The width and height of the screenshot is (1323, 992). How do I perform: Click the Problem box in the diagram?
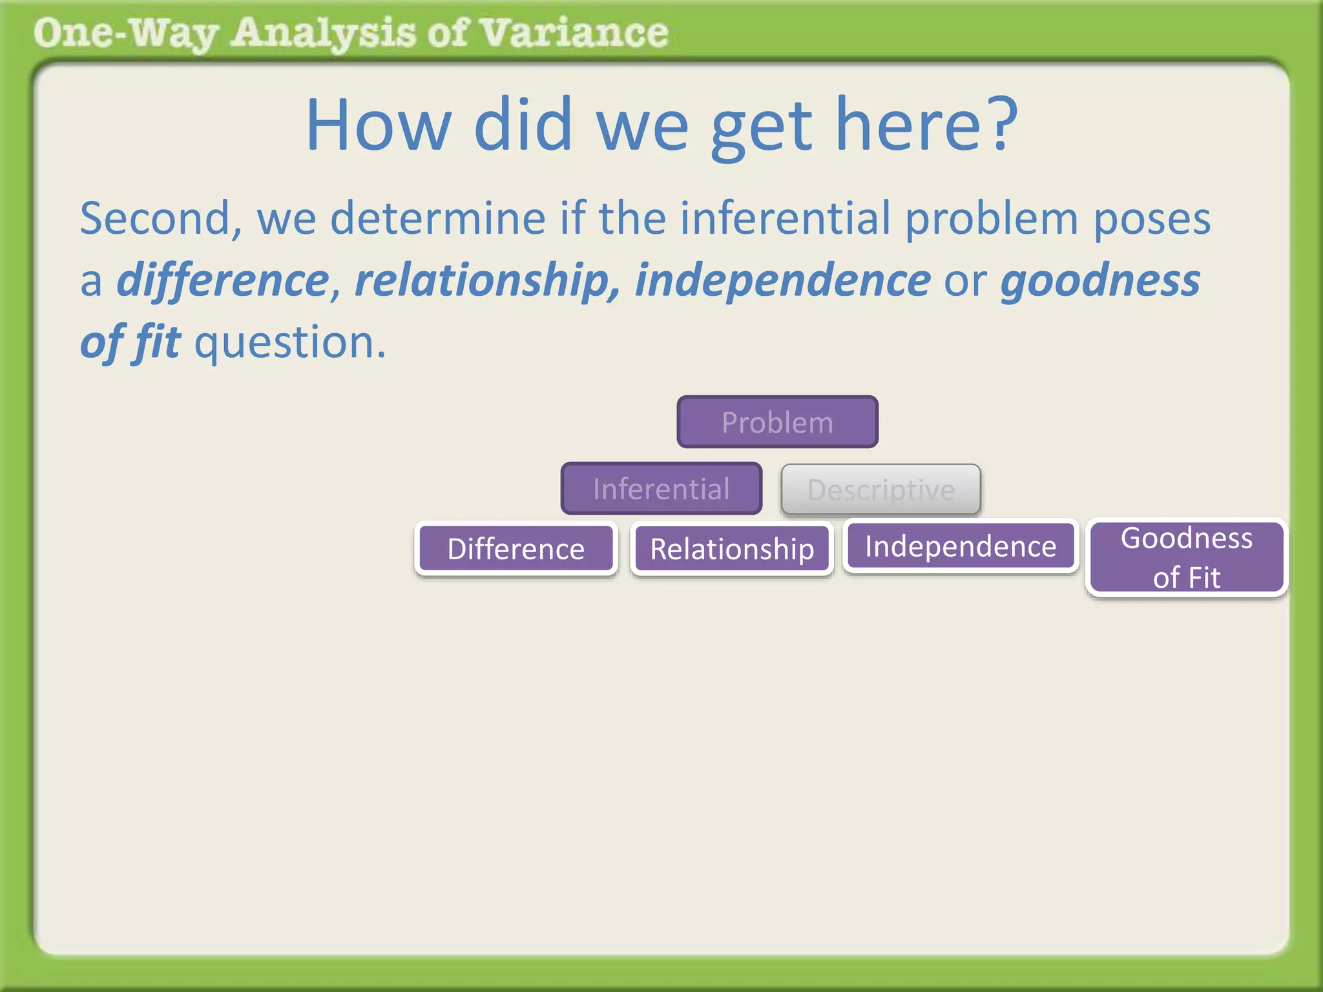[777, 422]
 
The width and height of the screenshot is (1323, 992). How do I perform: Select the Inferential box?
[661, 489]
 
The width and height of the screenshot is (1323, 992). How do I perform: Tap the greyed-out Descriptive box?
[880, 490]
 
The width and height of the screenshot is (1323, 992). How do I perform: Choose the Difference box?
[516, 549]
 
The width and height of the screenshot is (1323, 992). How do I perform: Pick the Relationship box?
[731, 549]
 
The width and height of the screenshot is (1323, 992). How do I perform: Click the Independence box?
[961, 546]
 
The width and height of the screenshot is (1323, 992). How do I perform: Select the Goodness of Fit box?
[1187, 557]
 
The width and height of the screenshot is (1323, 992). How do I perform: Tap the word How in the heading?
[379, 124]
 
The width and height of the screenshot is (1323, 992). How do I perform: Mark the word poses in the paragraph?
[1152, 220]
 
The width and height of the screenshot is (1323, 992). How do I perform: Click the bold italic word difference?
[224, 281]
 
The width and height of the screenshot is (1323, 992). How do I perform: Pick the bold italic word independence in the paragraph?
[782, 281]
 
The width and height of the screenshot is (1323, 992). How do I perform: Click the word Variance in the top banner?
[575, 33]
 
